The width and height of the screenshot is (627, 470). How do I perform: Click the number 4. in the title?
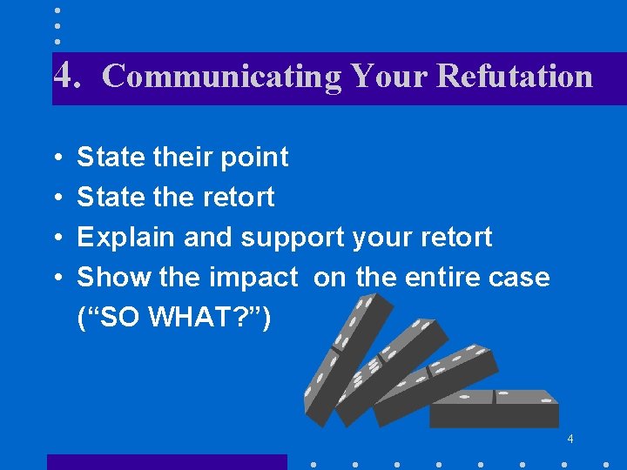(67, 76)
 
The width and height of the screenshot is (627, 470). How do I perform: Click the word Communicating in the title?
(222, 77)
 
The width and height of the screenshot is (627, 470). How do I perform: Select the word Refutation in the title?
(515, 76)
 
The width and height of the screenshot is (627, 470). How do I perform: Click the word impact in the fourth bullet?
(253, 278)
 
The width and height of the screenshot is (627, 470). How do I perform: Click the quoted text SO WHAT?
(174, 318)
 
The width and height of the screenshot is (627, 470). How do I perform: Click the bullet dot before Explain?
(57, 238)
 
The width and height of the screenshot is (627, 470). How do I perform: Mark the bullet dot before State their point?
(57, 158)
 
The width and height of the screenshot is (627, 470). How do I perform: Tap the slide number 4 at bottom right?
(570, 438)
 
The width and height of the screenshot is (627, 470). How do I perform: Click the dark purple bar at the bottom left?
(166, 461)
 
